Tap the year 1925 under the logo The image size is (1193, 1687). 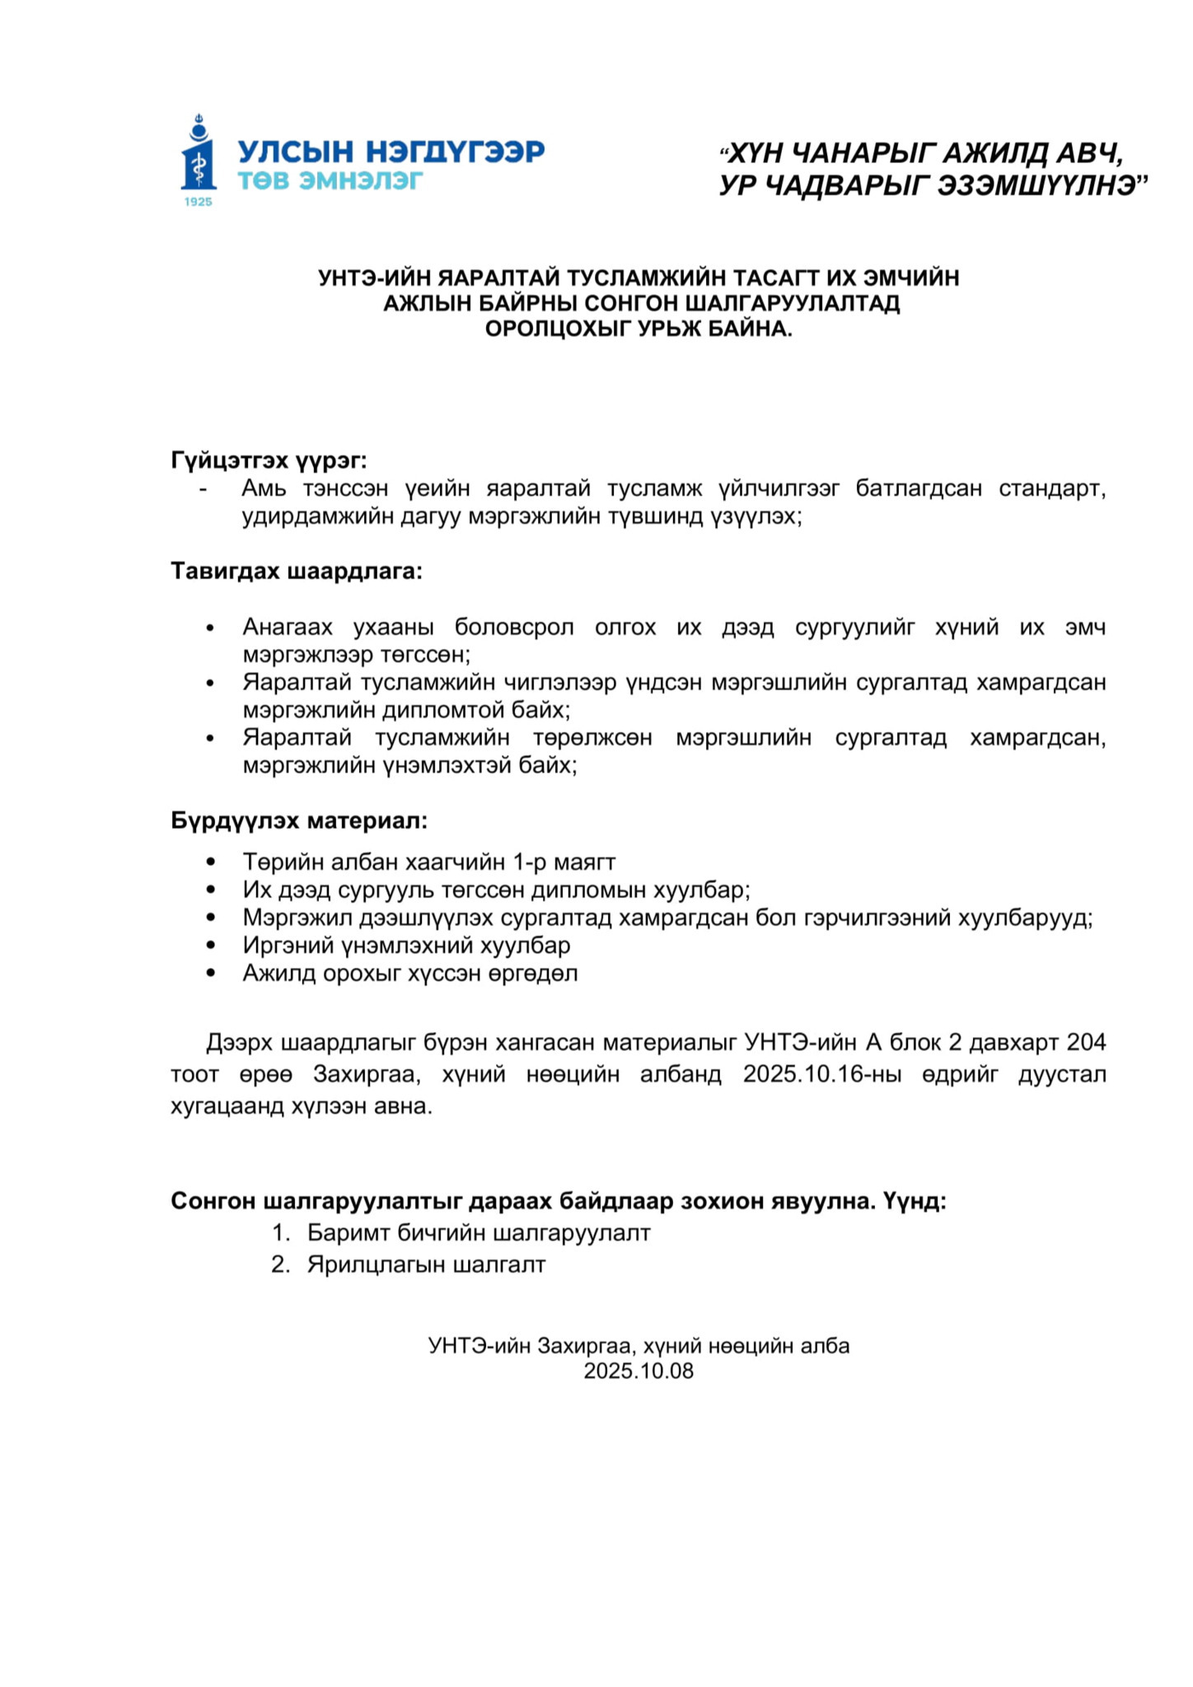pos(199,202)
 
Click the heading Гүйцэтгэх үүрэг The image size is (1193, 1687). pos(269,460)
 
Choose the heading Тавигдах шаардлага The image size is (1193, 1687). pos(297,571)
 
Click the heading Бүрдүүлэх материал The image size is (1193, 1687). pos(300,820)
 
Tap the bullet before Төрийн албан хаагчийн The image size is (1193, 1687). pos(212,862)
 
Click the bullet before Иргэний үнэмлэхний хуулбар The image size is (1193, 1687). pos(212,946)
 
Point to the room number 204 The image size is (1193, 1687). pos(1086,1042)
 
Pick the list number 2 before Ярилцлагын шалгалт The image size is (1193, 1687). pos(280,1264)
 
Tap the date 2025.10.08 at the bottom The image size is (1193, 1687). pos(639,1371)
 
